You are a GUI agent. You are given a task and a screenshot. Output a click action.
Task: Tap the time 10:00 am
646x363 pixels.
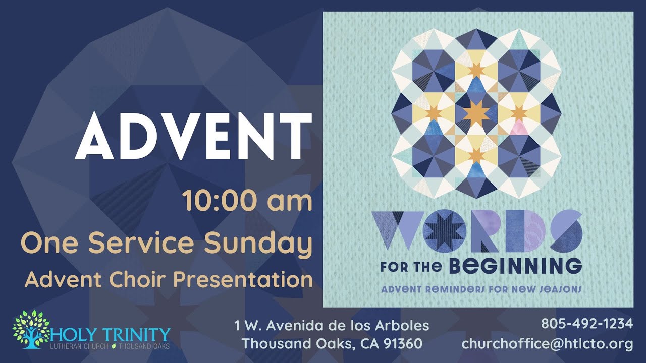coord(247,201)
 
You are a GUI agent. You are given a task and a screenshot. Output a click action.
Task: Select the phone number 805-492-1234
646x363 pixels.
coord(587,324)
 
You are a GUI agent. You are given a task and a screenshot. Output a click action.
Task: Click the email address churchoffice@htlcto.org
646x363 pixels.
coord(547,344)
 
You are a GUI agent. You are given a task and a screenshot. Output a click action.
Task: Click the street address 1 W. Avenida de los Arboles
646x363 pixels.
coord(332,325)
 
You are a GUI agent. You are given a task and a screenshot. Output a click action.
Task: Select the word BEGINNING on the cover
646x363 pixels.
coord(515,265)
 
